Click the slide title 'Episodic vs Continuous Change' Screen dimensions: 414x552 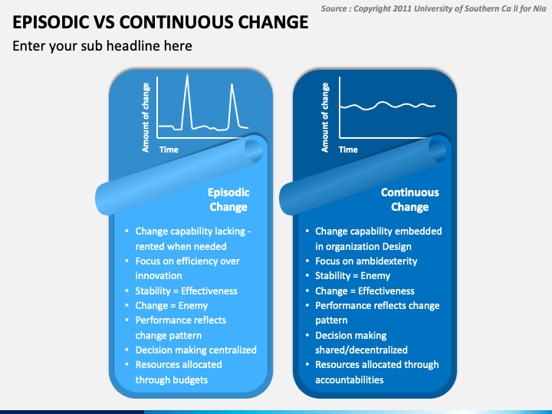pos(161,22)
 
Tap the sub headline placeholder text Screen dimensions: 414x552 pos(102,46)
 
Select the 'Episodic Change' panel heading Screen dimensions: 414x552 pos(228,199)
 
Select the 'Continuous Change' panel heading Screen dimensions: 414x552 pos(409,199)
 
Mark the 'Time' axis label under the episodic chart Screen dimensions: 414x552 pos(169,149)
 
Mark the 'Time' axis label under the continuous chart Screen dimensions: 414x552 pos(348,149)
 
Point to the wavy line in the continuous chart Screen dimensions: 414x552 pos(387,106)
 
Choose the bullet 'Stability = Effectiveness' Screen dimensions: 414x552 pos(186,291)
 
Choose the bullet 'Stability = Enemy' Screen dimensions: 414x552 pos(353,275)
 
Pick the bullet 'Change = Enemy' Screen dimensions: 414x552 pos(172,305)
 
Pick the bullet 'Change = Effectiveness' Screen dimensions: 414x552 pos(364,291)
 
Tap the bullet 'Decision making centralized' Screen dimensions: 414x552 pos(195,350)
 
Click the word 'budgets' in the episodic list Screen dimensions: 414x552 pos(189,379)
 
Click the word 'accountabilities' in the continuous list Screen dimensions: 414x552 pos(349,379)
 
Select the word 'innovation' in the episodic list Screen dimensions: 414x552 pos(159,275)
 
